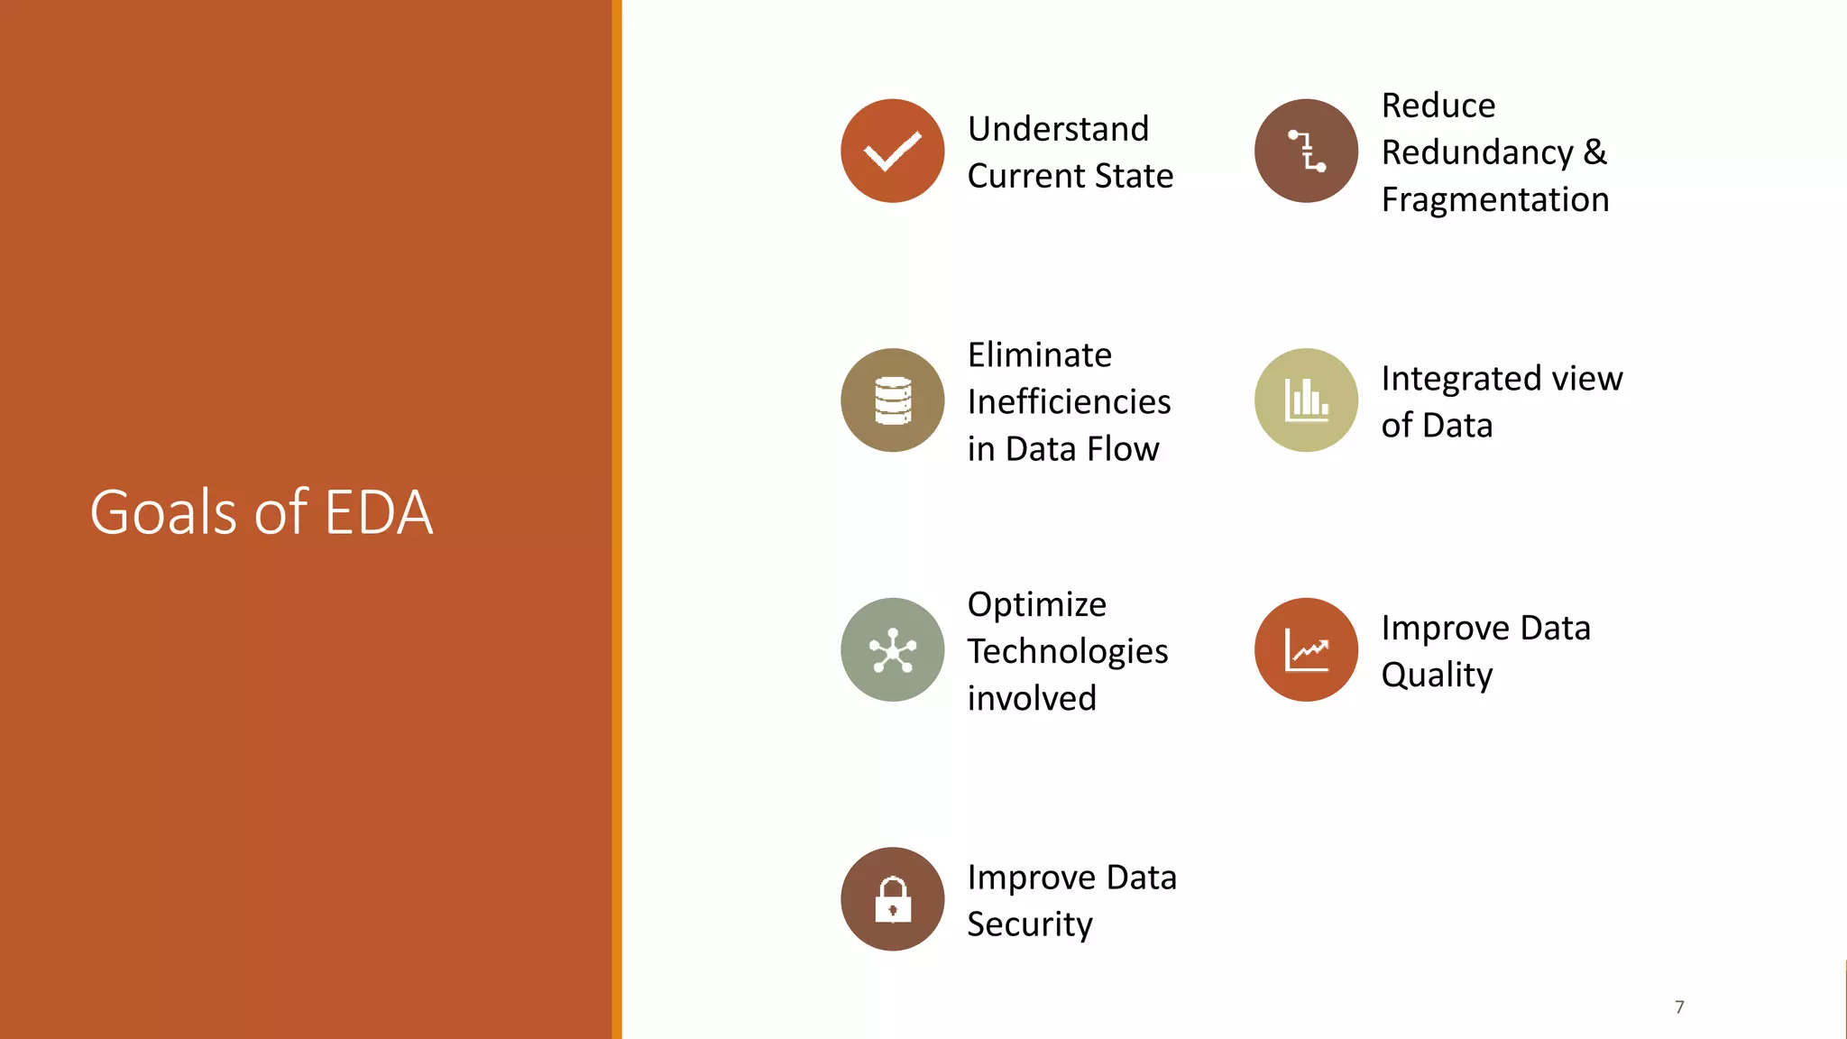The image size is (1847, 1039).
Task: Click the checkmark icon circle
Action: tap(892, 151)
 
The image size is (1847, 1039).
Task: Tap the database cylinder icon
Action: tap(892, 400)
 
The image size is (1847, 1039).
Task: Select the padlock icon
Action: tap(892, 899)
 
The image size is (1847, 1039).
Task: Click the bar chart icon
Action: tap(1306, 400)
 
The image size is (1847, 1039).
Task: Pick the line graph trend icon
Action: tap(1306, 649)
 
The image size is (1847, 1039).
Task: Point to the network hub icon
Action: tap(892, 649)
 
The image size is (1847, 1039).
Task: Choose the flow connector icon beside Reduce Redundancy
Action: tap(1306, 151)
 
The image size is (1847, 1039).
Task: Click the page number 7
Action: tap(1679, 1007)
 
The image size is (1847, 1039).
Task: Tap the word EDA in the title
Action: tap(378, 512)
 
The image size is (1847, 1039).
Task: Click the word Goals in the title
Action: tap(166, 512)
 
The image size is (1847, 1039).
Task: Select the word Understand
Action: tap(1058, 129)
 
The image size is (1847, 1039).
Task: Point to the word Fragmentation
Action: tap(1494, 199)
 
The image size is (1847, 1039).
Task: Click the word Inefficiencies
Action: tap(1069, 402)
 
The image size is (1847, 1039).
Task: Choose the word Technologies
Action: tap(1067, 651)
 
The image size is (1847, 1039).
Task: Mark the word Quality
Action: tap(1437, 675)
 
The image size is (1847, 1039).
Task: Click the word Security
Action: tap(1029, 924)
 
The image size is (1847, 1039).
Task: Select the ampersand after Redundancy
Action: tap(1594, 152)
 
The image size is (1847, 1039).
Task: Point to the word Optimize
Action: tap(1036, 604)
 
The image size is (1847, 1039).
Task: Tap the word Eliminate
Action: tap(1039, 355)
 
